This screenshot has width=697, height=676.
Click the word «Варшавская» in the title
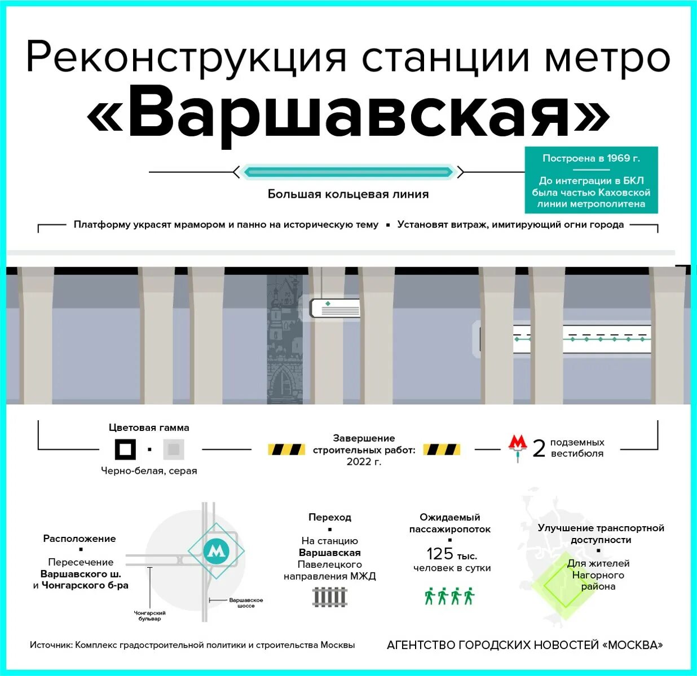point(348,113)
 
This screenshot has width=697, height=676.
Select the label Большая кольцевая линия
point(348,194)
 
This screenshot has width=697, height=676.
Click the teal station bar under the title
point(348,172)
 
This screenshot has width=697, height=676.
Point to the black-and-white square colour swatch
point(125,450)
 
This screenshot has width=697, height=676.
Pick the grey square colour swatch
point(173,450)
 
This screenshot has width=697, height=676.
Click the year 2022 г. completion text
point(364,462)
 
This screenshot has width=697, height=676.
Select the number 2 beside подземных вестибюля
point(539,449)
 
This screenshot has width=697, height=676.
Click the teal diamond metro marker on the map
point(216,551)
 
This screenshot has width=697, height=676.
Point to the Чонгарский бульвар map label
point(149,616)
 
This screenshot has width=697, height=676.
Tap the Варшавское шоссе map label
point(246,603)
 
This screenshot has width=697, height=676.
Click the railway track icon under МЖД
point(330,597)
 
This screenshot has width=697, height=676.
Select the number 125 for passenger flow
point(440,554)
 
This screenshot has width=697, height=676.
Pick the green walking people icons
point(449,596)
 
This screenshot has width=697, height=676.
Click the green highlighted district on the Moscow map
point(564,586)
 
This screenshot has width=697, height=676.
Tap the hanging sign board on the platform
point(336,308)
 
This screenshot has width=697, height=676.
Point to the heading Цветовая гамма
point(149,428)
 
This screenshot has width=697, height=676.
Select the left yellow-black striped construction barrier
point(286,450)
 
